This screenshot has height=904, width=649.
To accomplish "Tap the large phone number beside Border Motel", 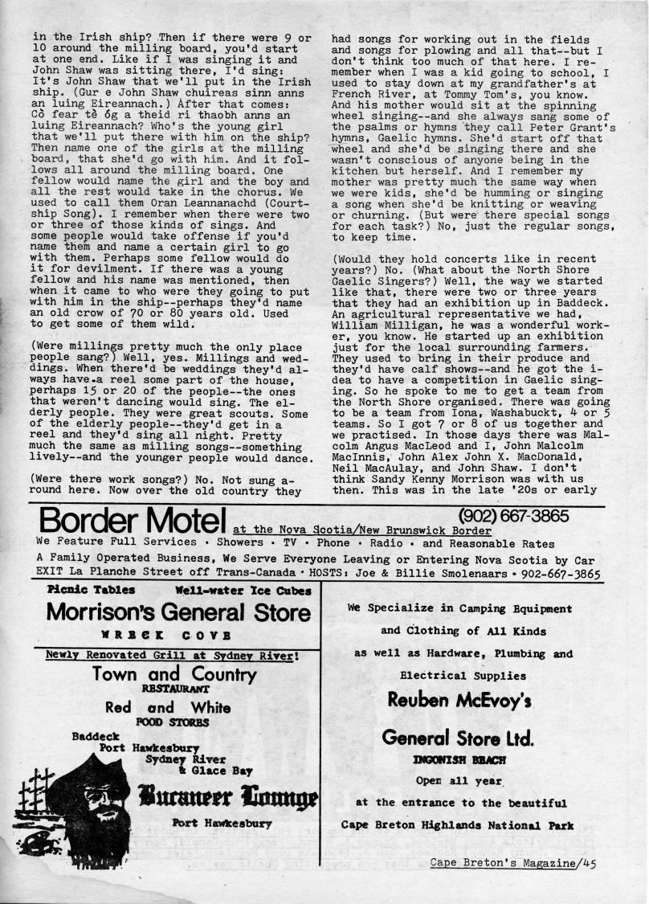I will pyautogui.click(x=514, y=515).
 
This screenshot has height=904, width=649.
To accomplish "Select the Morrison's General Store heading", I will pyautogui.click(x=178, y=612).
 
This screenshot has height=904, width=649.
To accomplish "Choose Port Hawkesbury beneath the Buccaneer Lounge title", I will pyautogui.click(x=222, y=824).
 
